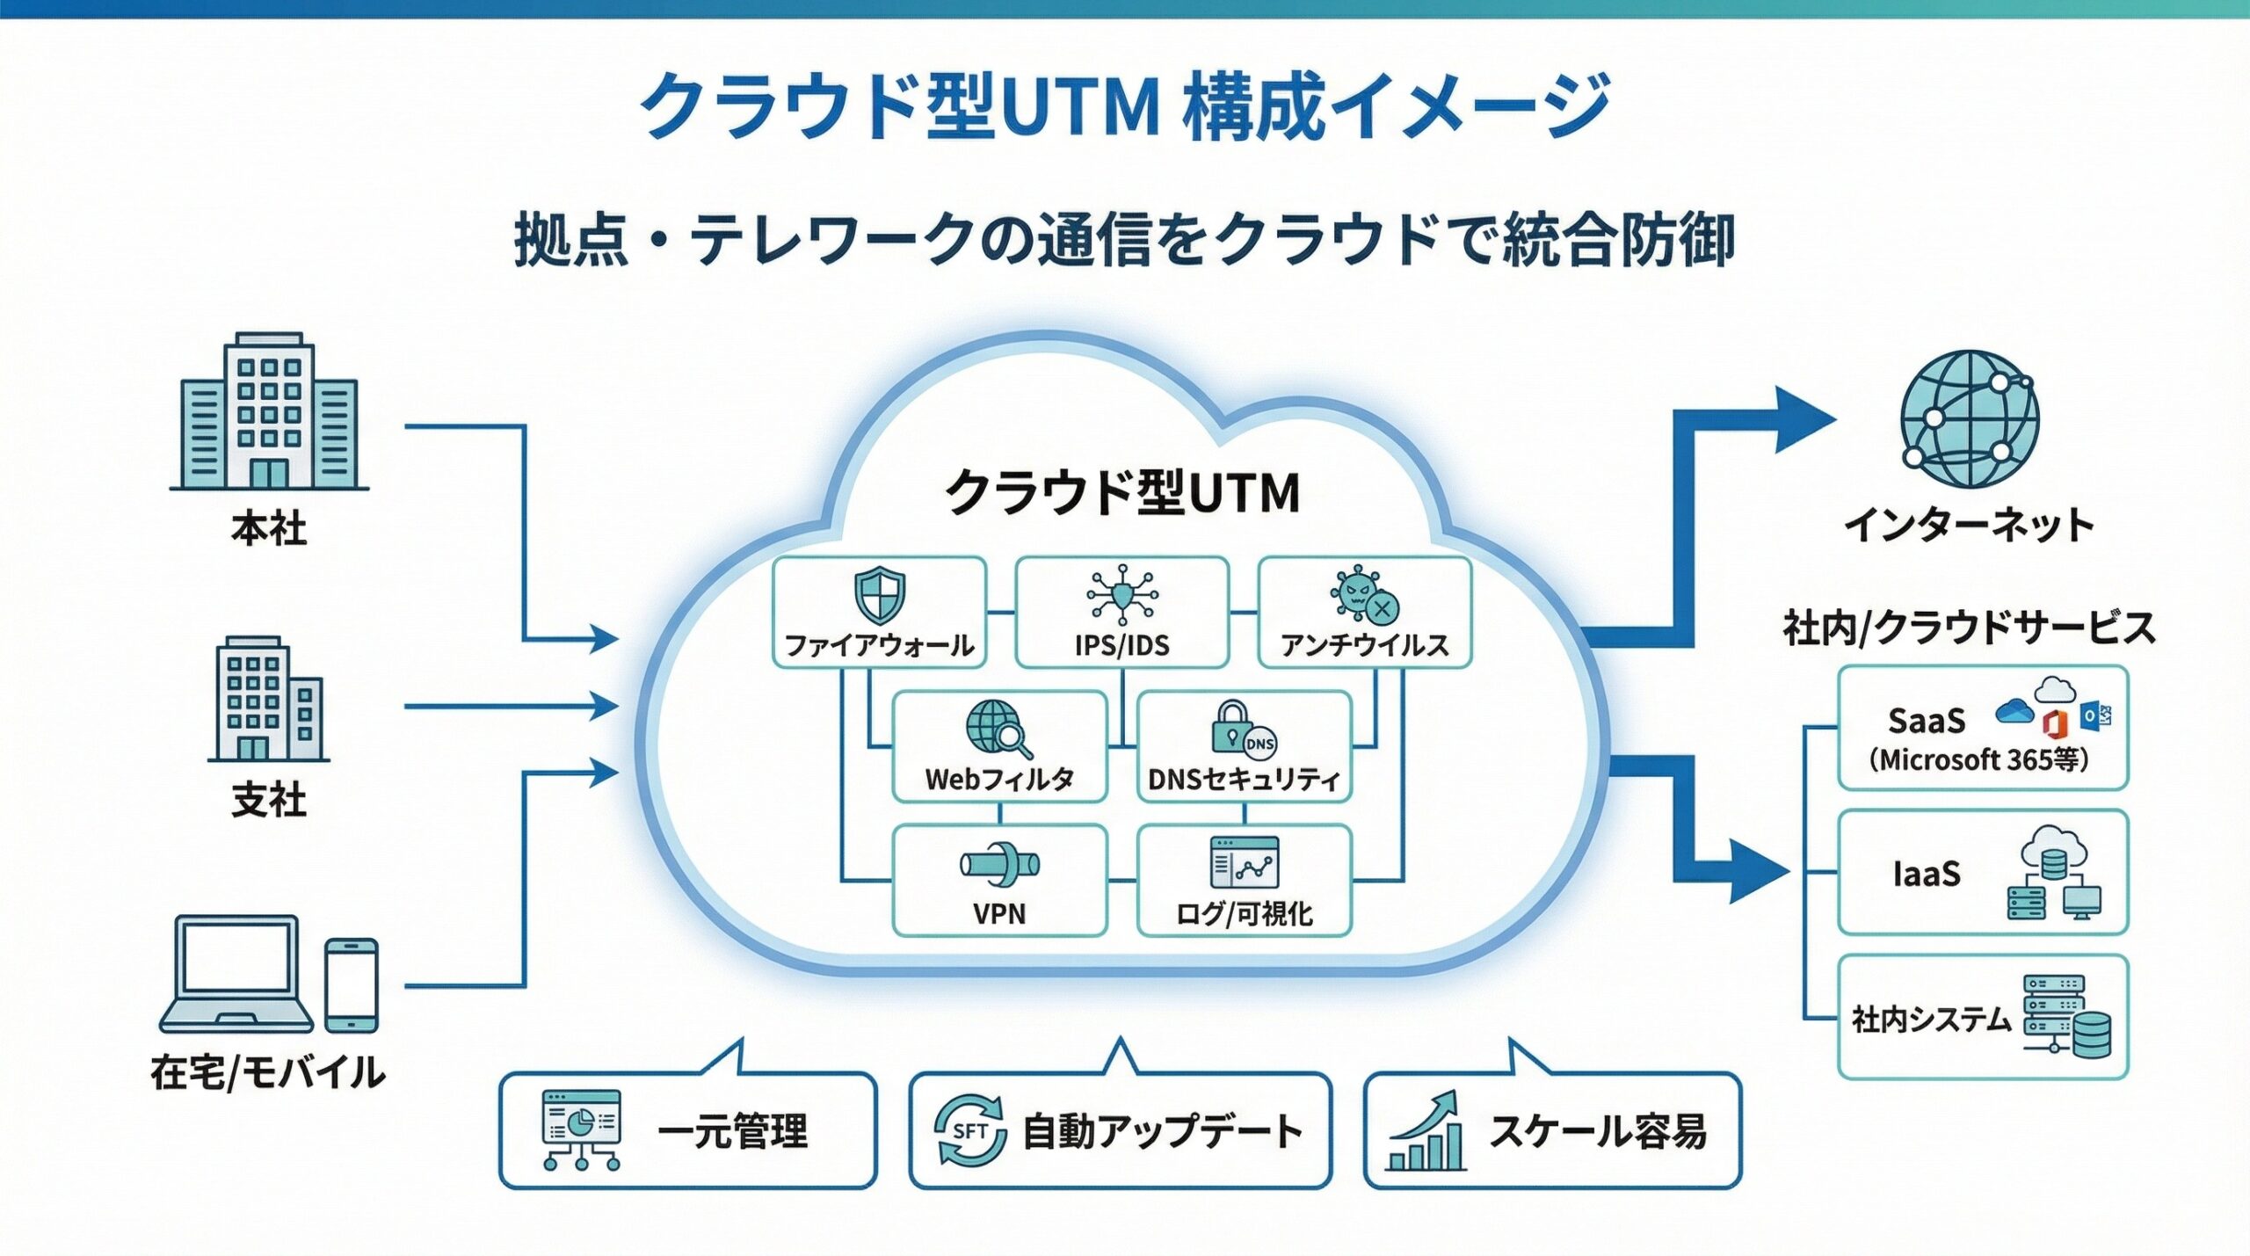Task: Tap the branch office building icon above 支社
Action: (268, 699)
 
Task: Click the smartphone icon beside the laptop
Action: (352, 984)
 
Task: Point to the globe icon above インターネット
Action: (1969, 419)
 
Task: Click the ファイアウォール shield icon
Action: (880, 595)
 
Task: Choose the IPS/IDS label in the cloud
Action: (1121, 645)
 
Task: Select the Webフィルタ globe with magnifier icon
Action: (998, 729)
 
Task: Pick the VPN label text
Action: (999, 913)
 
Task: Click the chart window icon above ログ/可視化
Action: (1244, 863)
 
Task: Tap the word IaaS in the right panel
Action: (1927, 874)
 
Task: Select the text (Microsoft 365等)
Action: (1978, 759)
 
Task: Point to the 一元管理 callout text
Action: (732, 1131)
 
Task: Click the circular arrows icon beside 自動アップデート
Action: (969, 1131)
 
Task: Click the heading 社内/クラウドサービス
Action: (1969, 628)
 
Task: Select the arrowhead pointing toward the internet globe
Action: (1802, 419)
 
